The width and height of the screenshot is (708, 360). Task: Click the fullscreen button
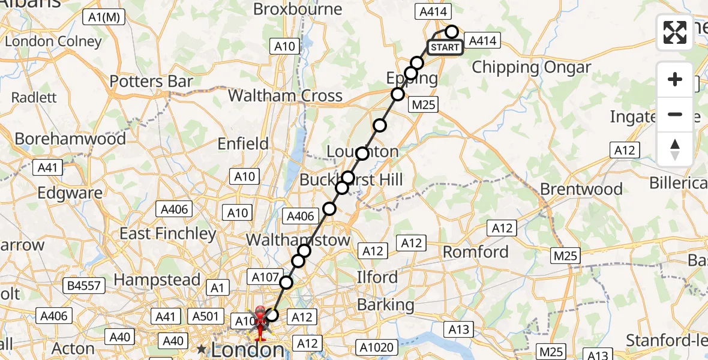(675, 32)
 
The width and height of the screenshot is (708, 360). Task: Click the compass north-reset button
(675, 149)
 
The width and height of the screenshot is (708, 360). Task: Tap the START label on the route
(445, 47)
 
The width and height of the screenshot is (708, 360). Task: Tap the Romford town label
(476, 251)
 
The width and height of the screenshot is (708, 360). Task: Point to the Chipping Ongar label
(532, 67)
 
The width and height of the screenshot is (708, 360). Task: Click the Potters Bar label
(151, 82)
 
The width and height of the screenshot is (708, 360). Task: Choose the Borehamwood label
(70, 139)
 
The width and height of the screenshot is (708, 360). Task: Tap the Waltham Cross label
(285, 95)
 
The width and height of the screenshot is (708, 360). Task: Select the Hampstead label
(157, 280)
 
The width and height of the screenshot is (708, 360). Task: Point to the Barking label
(386, 305)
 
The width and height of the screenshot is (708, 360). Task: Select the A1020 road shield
(376, 346)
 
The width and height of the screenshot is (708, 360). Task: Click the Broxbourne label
(298, 9)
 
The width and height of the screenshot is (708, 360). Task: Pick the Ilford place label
(377, 277)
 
